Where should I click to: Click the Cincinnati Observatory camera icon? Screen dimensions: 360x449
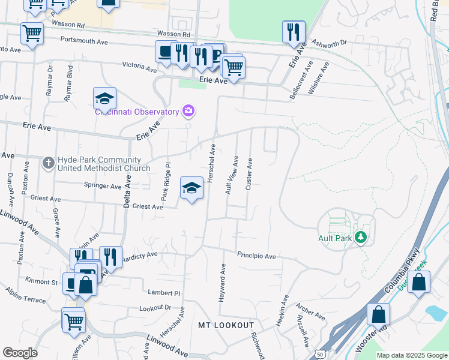click(x=189, y=110)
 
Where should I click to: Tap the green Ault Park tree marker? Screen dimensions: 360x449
click(x=360, y=238)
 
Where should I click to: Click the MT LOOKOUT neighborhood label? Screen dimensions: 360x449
click(x=226, y=325)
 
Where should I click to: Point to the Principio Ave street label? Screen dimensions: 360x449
click(x=256, y=256)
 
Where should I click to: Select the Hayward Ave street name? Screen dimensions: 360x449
click(x=223, y=281)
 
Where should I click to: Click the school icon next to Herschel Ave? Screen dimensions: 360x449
click(x=191, y=188)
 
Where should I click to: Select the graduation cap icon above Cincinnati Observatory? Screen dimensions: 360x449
click(x=104, y=98)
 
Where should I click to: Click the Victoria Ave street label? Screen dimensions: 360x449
click(x=140, y=65)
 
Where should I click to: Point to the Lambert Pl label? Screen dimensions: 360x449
click(x=164, y=292)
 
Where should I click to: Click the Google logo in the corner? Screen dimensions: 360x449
click(x=20, y=353)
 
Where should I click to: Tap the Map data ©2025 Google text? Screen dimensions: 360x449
click(x=412, y=355)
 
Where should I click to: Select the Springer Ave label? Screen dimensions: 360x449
click(x=103, y=186)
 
